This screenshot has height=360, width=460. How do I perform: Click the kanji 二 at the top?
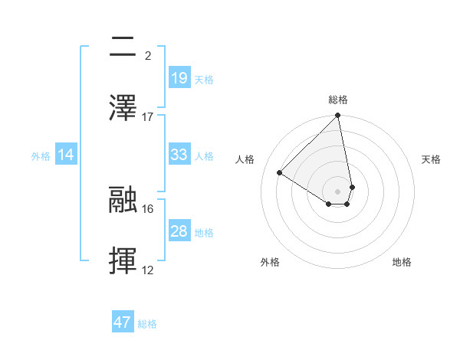coord(123,47)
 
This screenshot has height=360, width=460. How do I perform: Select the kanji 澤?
coord(123,107)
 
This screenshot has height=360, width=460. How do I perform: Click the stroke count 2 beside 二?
coord(147,55)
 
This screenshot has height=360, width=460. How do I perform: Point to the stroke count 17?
coord(148,116)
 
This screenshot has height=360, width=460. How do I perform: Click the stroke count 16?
coord(148,208)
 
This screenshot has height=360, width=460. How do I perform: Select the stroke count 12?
coord(148,270)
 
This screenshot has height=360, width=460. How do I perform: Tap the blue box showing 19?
coord(179,78)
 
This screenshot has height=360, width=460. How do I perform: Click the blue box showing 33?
coord(179,155)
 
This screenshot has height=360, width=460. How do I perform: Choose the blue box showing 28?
coord(179,231)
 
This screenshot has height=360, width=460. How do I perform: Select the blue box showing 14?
coord(66,155)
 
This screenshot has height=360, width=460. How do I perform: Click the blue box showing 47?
coord(123,322)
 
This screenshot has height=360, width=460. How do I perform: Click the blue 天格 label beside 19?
coord(204,79)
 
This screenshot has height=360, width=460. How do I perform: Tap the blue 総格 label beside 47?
coord(147,323)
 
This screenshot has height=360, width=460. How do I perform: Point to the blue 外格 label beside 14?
coord(41,155)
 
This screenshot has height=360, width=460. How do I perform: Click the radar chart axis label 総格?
coord(338,100)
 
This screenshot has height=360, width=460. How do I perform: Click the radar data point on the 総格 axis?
coord(338,116)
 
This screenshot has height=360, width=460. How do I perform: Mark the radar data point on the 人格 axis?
coord(280,172)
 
